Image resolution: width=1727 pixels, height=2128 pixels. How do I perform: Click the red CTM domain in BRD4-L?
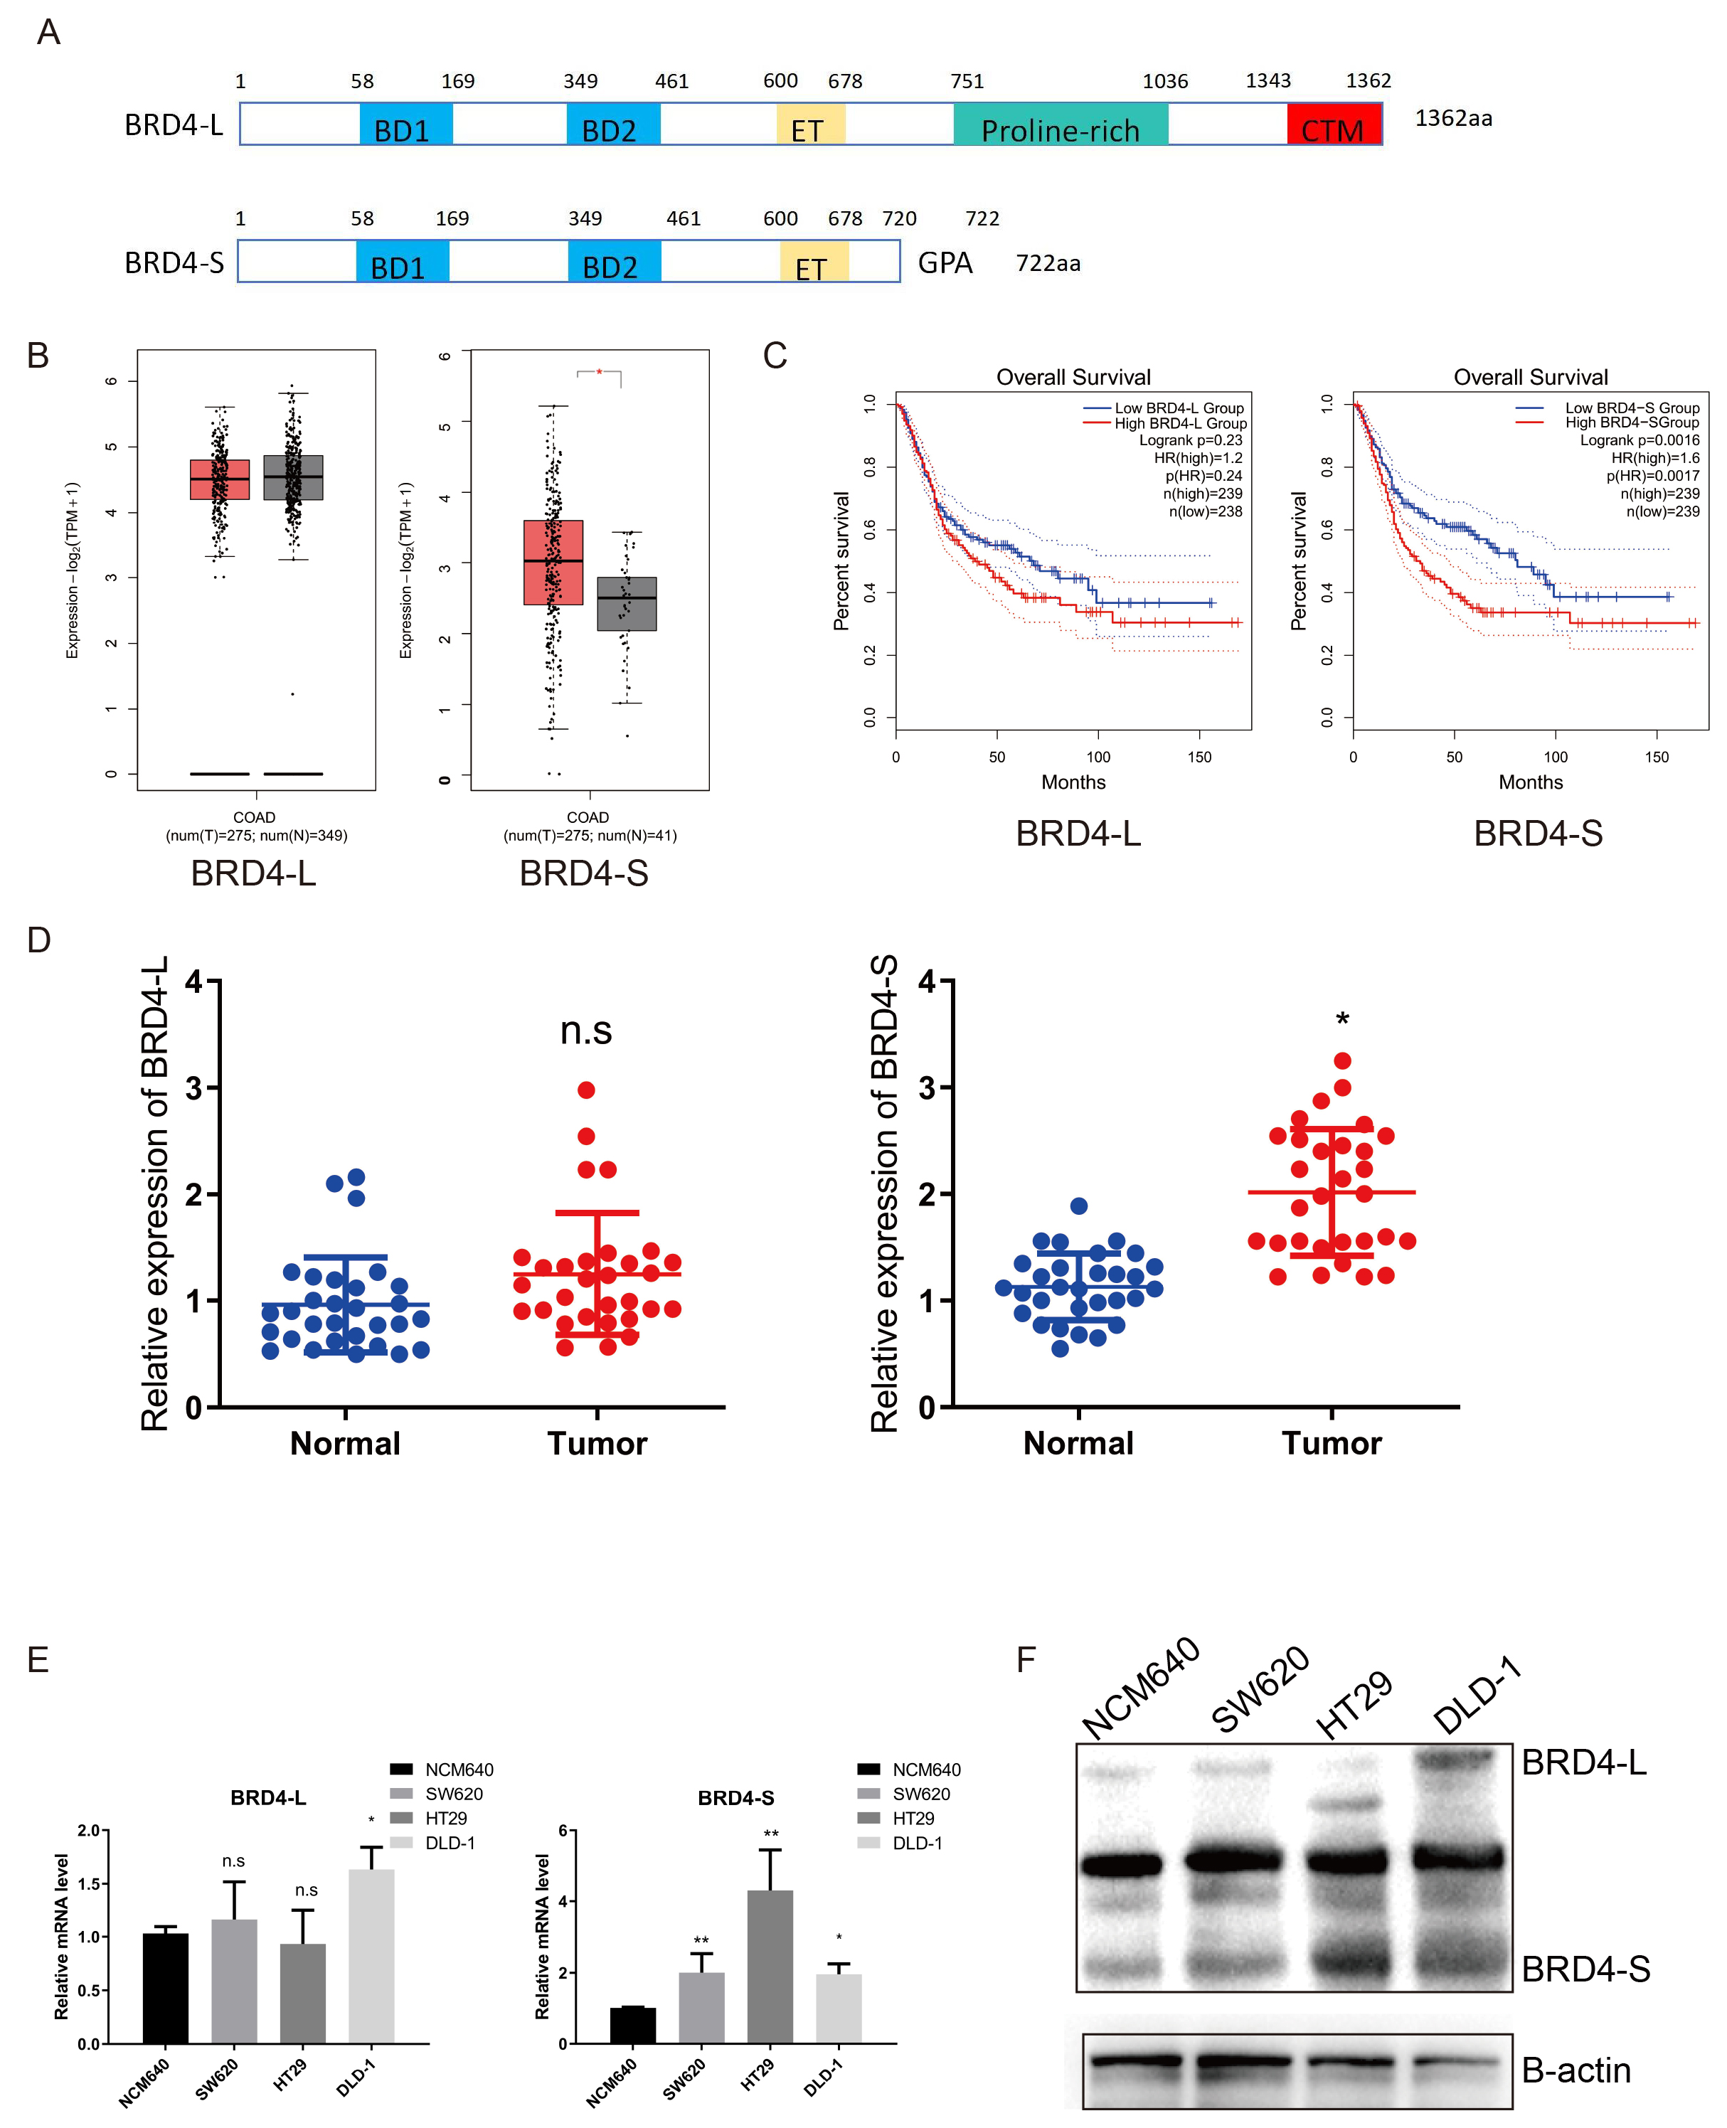click(1333, 125)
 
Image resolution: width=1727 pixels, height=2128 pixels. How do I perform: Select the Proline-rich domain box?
click(1060, 125)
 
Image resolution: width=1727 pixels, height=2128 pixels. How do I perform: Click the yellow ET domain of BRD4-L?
click(809, 125)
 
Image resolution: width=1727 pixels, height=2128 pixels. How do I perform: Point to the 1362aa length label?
click(1452, 118)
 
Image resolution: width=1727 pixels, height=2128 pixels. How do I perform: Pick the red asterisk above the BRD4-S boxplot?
click(599, 372)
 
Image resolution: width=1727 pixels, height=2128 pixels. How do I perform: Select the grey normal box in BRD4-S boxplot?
click(627, 603)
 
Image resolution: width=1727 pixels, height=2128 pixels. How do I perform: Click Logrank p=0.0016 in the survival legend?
click(1639, 440)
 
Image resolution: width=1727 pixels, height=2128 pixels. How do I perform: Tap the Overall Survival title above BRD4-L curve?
click(1073, 377)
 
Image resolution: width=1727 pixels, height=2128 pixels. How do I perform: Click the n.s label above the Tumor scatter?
click(586, 1031)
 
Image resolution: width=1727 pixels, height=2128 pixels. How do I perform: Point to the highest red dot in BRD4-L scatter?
click(586, 1090)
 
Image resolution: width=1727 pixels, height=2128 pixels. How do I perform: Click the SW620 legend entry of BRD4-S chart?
click(920, 1794)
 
